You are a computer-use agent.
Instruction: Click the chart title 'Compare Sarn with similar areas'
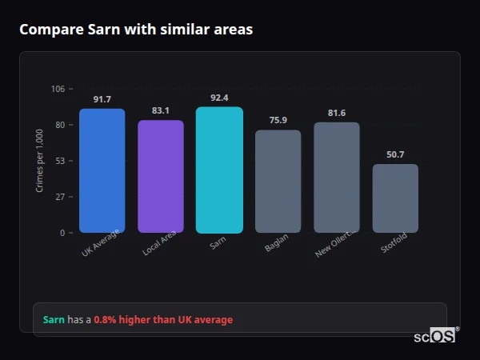tap(136, 30)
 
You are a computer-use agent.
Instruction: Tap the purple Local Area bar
tap(161, 177)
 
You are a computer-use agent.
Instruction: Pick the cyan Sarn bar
tap(219, 170)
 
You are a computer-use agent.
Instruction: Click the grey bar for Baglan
tap(278, 182)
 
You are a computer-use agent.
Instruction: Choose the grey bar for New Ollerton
tap(337, 178)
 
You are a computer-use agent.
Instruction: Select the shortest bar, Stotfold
tap(395, 198)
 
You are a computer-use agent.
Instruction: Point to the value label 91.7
tap(102, 99)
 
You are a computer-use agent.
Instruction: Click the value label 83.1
tap(161, 110)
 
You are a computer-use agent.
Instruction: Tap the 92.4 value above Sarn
tap(219, 98)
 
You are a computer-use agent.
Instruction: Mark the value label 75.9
tap(278, 120)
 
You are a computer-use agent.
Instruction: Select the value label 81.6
tap(337, 113)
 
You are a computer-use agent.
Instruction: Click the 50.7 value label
tap(395, 154)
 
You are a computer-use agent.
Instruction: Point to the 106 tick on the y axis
tap(58, 89)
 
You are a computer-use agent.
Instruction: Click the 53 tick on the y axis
tap(60, 161)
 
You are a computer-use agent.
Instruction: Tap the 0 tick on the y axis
tap(62, 233)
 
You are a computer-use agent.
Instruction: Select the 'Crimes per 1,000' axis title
tap(40, 161)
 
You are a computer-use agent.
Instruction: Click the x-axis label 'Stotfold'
tap(394, 244)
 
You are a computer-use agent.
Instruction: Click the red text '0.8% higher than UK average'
tap(163, 320)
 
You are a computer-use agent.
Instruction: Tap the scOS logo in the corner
tap(435, 336)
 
